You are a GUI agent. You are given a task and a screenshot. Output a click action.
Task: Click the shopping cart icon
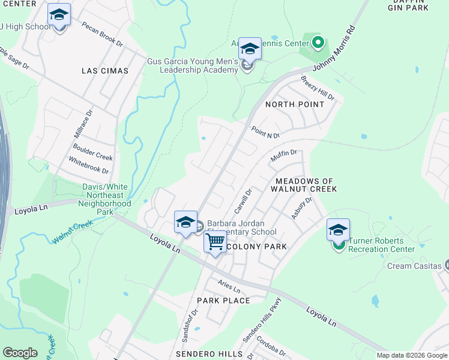pyautogui.click(x=215, y=242)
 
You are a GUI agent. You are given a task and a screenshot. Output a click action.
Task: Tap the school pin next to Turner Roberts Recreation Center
pyautogui.click(x=338, y=230)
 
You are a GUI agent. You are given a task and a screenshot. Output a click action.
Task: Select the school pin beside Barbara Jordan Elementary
pyautogui.click(x=186, y=223)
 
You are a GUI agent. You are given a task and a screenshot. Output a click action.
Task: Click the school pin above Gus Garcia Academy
pyautogui.click(x=250, y=49)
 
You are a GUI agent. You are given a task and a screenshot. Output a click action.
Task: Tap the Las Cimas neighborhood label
pyautogui.click(x=105, y=71)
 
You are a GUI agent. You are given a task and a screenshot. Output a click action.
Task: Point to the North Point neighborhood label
pyautogui.click(x=295, y=104)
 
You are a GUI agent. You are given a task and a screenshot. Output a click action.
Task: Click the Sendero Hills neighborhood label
pyautogui.click(x=214, y=355)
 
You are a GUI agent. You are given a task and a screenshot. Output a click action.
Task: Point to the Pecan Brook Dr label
pyautogui.click(x=102, y=35)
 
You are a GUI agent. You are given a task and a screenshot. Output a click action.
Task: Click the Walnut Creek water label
pyautogui.click(x=71, y=233)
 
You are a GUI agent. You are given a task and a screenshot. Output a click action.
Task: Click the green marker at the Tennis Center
pyautogui.click(x=319, y=43)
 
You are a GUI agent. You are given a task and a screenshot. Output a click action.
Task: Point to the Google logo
pyautogui.click(x=20, y=353)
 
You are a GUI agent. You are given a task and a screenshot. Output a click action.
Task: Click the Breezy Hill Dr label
pyautogui.click(x=318, y=88)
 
